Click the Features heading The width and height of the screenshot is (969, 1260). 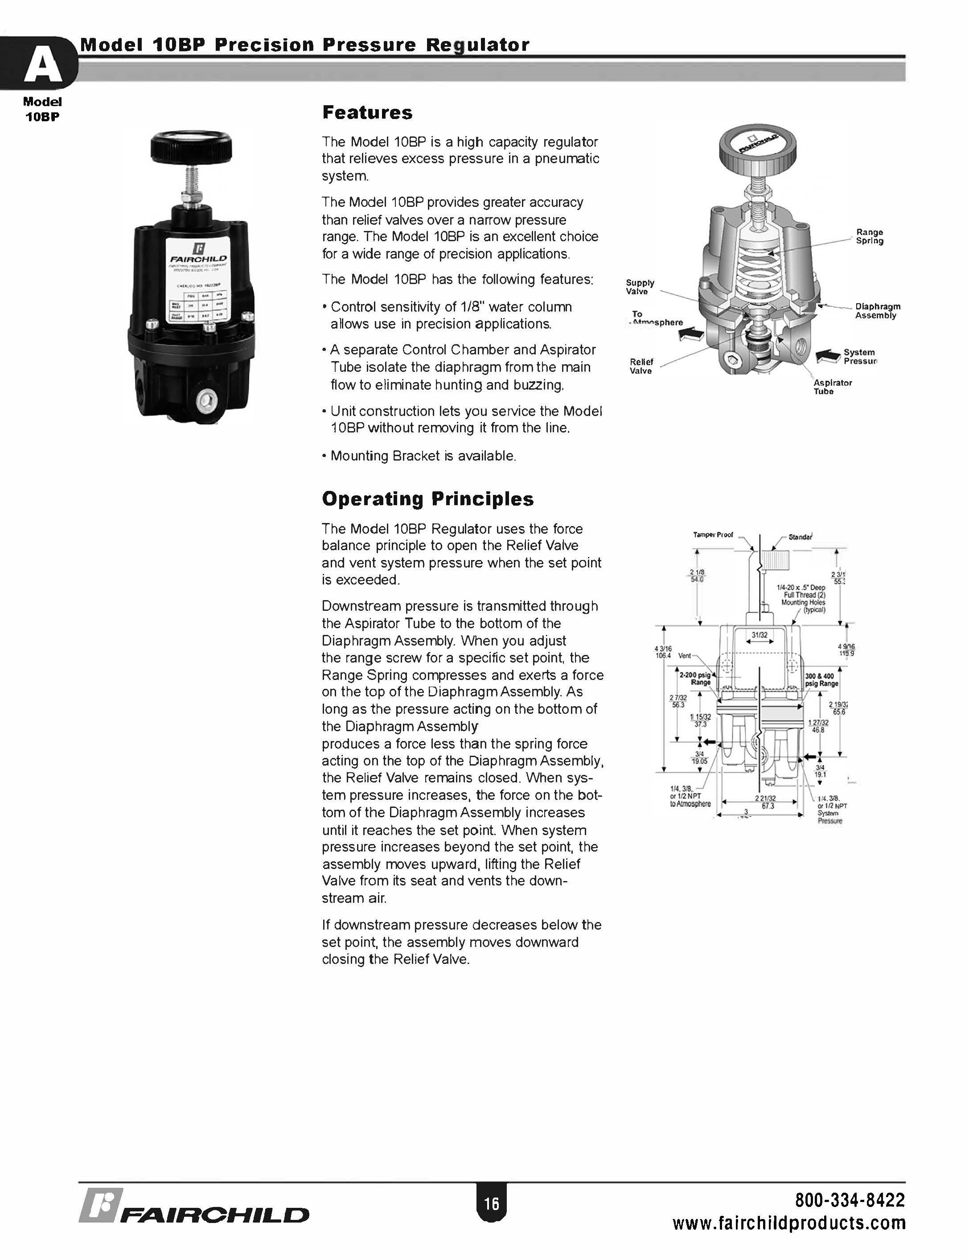(367, 112)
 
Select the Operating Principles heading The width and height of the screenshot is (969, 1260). (427, 499)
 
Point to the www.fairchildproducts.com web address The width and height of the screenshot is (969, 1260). (789, 1223)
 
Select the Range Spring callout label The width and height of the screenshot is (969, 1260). (869, 237)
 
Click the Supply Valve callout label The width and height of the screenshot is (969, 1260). (640, 287)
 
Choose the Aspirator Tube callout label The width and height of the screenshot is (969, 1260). (832, 387)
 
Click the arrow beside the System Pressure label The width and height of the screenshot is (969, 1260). (828, 356)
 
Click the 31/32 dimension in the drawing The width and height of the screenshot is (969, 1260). (760, 635)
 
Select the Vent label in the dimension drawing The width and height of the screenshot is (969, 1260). (685, 655)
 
